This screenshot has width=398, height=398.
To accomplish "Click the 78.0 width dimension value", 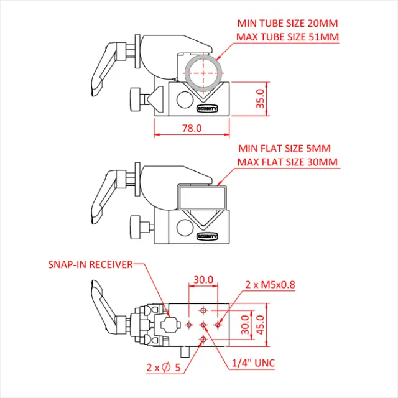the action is coord(192,128).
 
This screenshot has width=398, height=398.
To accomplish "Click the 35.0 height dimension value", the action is coord(261,98).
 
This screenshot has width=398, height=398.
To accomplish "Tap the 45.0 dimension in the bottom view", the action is coord(261,325).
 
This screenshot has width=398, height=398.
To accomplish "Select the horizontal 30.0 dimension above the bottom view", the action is coord(203,280).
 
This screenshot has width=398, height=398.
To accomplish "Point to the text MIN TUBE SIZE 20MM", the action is coord(287,24).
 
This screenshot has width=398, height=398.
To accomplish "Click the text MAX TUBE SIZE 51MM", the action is coord(287,37).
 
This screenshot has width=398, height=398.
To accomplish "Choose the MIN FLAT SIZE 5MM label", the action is coord(285,149).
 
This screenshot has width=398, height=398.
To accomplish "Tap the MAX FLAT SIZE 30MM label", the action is coord(287,162).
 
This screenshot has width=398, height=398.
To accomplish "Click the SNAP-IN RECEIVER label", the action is coord(90,265).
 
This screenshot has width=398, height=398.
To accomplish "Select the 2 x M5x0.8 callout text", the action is coord(270,285).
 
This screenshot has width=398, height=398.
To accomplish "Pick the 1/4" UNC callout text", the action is coord(254,363).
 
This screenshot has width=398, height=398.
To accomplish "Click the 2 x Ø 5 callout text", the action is coord(164,368).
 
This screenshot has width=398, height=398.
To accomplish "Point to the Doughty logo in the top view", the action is coord(207,109).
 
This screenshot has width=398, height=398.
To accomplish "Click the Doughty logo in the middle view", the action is coord(207,236).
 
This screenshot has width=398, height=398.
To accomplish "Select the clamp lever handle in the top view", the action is coord(106,69).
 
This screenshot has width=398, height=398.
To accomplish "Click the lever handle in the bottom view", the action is coord(106,307).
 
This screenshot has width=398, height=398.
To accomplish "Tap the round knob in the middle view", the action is coord(135,228).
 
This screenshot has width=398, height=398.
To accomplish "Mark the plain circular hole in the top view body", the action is coord(185,99).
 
